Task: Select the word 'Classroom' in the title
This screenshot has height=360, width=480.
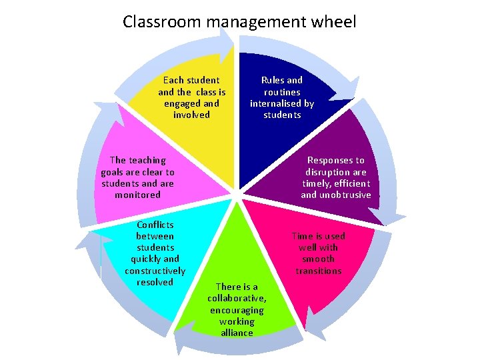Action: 163,21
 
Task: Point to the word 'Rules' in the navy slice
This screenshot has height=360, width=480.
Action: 272,80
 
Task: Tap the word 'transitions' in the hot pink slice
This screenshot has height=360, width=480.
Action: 319,271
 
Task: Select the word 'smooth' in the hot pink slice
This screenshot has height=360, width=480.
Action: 318,259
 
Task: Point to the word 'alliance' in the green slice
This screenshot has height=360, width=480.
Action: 237,333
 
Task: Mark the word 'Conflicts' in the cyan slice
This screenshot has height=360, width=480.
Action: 155,225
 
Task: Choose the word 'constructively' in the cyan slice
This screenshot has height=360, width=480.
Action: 155,271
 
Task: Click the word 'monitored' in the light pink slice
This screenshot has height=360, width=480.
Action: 137,195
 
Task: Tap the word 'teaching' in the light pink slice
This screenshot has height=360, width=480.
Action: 147,160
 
